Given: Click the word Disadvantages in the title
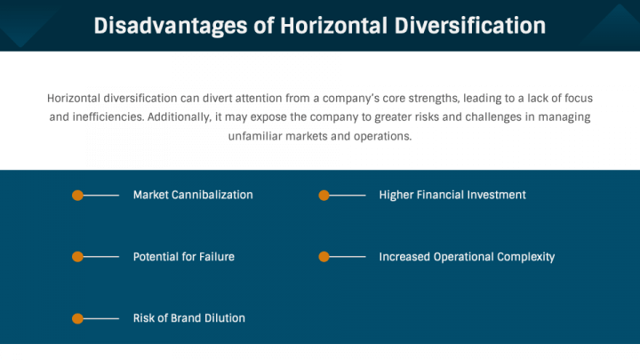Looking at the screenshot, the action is pyautogui.click(x=171, y=26).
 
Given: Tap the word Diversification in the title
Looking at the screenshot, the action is pyautogui.click(x=470, y=26).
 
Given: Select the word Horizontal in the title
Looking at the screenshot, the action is pyautogui.click(x=333, y=26).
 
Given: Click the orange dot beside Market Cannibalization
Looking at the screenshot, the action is pyautogui.click(x=77, y=196).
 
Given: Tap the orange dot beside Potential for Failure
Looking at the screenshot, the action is pyautogui.click(x=77, y=257).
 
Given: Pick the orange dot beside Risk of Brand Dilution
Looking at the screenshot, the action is pyautogui.click(x=77, y=318).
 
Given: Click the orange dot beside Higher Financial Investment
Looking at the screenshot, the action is pyautogui.click(x=324, y=196).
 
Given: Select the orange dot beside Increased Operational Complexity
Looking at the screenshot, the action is pyautogui.click(x=324, y=257).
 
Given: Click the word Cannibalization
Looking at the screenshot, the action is pyautogui.click(x=212, y=195).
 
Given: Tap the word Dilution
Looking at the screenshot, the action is pyautogui.click(x=225, y=318).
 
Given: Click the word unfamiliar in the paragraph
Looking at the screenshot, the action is pyautogui.click(x=255, y=136).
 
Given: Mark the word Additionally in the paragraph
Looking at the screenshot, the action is pyautogui.click(x=180, y=117).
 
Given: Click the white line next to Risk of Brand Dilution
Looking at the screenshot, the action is pyautogui.click(x=100, y=318).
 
